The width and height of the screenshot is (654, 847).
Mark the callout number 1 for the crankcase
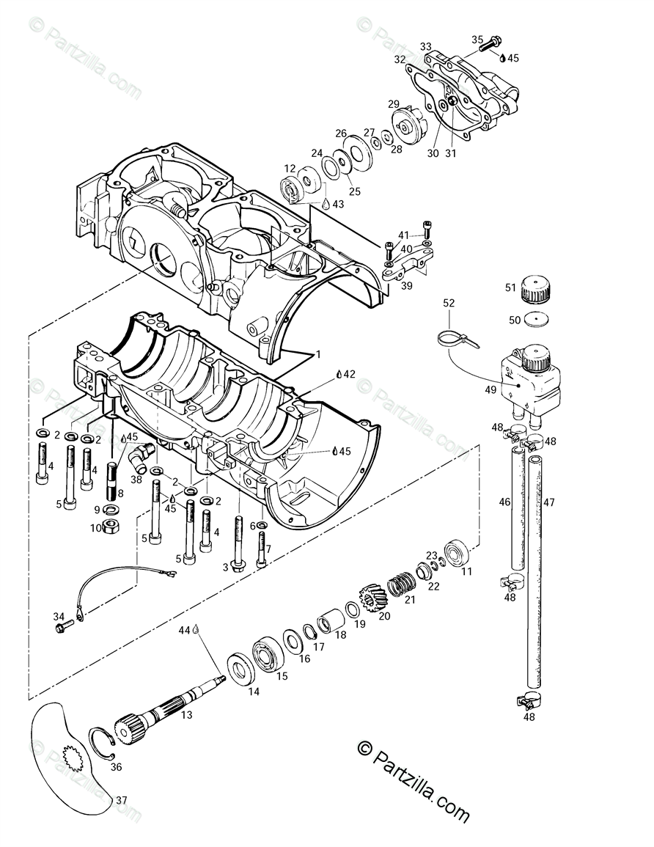pyautogui.click(x=319, y=354)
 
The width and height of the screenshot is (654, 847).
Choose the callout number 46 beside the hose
pyautogui.click(x=504, y=502)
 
